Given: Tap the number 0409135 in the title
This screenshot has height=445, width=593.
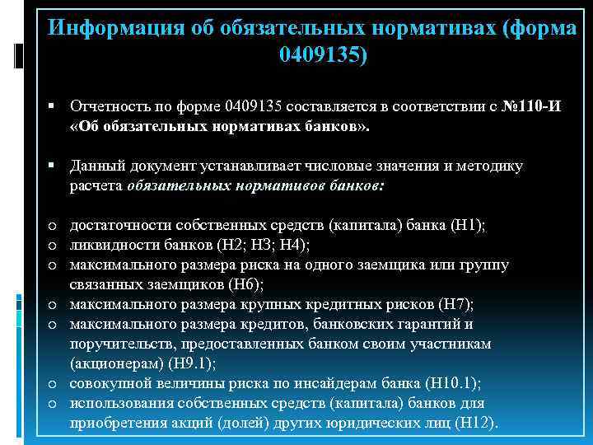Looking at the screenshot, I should click(x=319, y=56).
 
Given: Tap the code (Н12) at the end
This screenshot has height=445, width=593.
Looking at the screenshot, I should click(x=481, y=423).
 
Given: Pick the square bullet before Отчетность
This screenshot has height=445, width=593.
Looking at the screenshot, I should click(x=51, y=107).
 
